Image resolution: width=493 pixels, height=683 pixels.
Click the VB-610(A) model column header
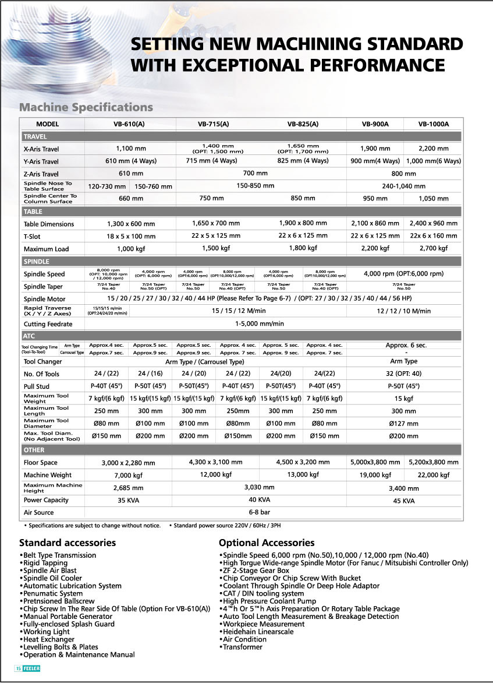[130, 124]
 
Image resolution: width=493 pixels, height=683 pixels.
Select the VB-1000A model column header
[434, 124]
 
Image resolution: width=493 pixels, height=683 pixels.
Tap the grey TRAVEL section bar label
[36, 136]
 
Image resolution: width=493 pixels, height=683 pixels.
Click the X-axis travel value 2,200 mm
[434, 149]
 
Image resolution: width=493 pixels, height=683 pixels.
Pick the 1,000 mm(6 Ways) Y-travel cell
[434, 161]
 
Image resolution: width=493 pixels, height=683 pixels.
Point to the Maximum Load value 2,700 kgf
[434, 249]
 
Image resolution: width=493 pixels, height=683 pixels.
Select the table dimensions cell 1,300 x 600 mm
[131, 224]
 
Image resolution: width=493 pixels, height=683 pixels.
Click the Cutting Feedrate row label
[48, 324]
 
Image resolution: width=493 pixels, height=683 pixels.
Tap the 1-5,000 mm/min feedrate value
[260, 324]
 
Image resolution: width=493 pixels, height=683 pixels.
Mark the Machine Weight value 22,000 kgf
[434, 475]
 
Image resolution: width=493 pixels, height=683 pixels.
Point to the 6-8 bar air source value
[260, 512]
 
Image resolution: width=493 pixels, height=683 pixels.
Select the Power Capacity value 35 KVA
[130, 500]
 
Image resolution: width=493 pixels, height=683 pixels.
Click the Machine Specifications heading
[86, 107]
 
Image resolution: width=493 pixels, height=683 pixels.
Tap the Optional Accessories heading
[267, 543]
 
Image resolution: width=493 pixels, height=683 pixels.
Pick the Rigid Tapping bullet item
[45, 563]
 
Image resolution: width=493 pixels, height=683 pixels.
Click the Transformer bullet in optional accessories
[242, 647]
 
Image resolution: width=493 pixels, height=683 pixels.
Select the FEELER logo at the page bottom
[31, 668]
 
